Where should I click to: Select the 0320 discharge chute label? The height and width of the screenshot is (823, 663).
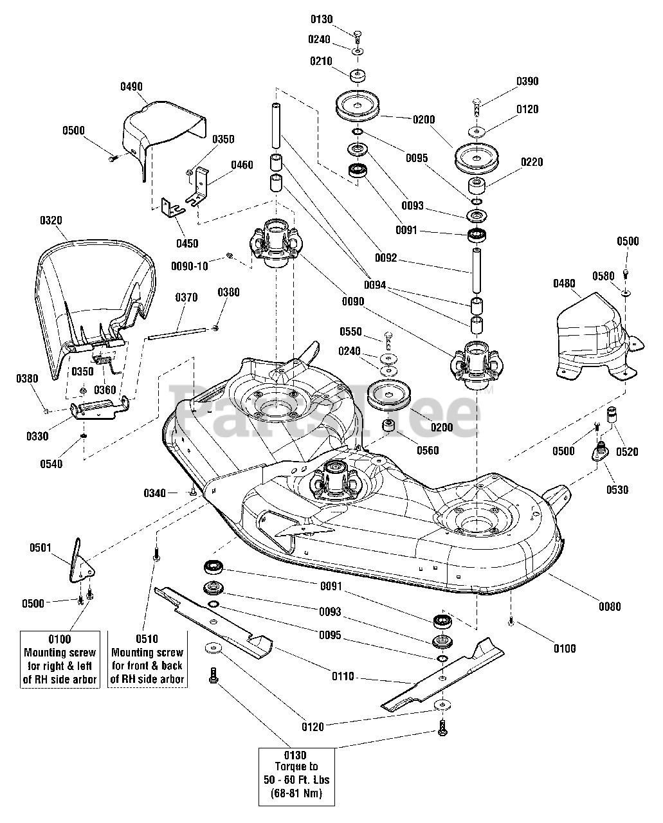click(x=51, y=220)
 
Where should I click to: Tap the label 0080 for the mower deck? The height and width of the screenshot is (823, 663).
click(x=609, y=606)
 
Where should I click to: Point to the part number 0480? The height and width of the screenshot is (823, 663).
click(x=564, y=283)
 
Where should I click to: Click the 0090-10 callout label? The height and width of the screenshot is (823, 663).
click(x=190, y=266)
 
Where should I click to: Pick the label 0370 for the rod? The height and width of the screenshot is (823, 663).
click(x=186, y=298)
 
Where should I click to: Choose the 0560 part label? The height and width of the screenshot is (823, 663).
click(x=428, y=450)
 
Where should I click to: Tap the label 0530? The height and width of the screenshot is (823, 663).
click(x=617, y=490)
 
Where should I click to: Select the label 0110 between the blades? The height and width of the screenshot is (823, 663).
click(x=343, y=676)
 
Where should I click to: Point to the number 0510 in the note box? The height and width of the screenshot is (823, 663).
click(x=147, y=639)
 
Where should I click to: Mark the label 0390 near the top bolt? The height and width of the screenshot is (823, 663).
click(x=527, y=82)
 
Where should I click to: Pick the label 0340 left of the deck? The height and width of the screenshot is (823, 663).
click(x=154, y=493)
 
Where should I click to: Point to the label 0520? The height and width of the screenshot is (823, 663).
click(x=627, y=451)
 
